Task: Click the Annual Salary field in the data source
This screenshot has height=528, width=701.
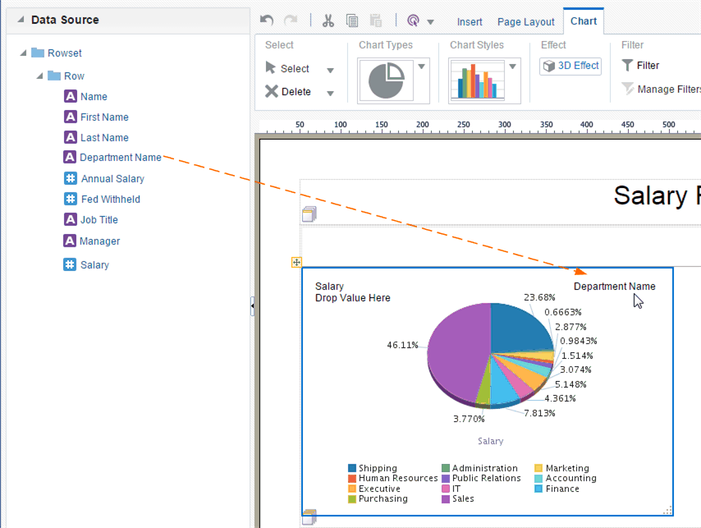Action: pos(112,178)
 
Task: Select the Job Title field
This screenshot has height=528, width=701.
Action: pos(99,219)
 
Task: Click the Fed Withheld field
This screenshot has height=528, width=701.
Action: pos(110,199)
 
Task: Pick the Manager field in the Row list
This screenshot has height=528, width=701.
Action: pos(99,241)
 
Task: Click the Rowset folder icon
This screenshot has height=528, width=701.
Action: pos(38,53)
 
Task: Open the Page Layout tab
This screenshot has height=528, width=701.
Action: pos(525,21)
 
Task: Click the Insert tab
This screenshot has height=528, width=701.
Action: pos(470,21)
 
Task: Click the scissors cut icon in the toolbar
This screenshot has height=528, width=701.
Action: pos(328,21)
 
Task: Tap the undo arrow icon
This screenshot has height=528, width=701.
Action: pos(266,21)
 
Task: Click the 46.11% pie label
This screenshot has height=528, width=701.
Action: pos(403,345)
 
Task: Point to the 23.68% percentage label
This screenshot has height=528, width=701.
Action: pos(539,297)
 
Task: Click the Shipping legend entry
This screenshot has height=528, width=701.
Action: pos(377,468)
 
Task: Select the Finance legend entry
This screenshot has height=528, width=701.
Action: pos(562,489)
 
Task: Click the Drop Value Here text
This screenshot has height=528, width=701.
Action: pos(353,298)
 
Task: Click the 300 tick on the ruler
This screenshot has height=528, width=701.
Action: pos(504,125)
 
